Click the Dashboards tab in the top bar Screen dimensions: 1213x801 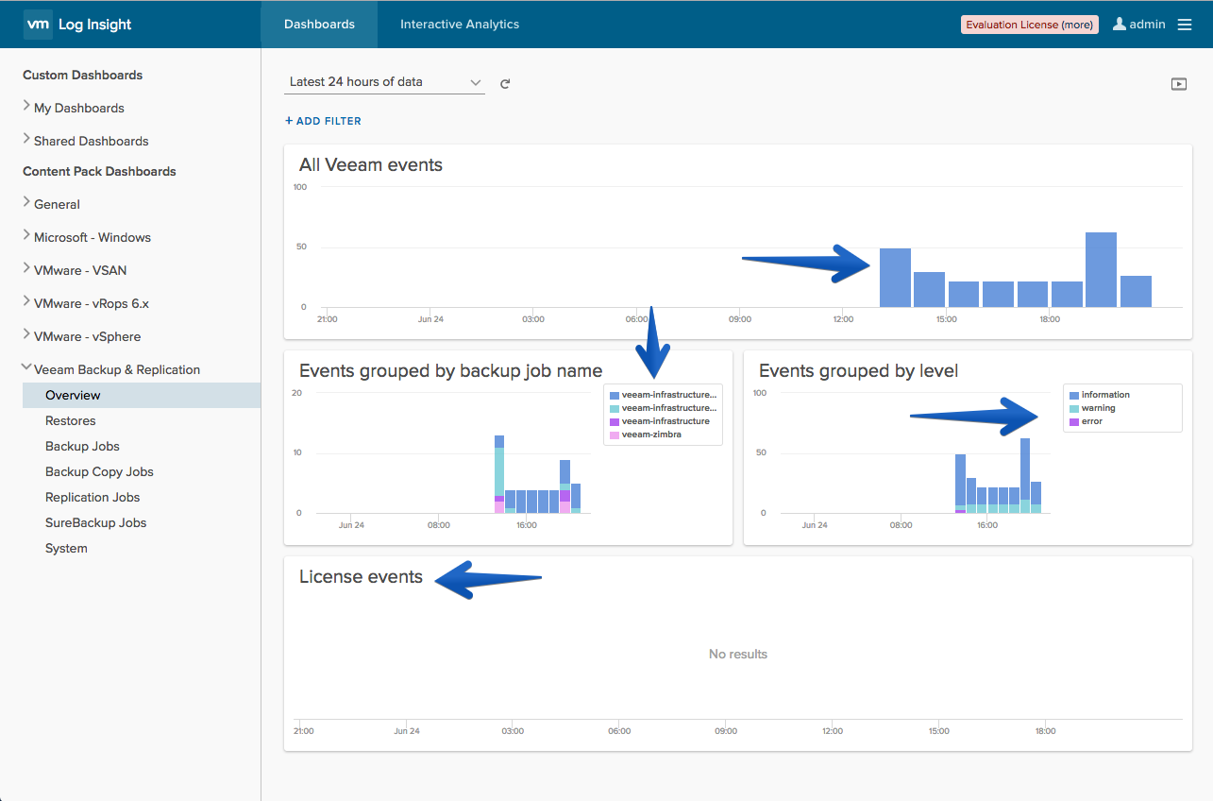(319, 25)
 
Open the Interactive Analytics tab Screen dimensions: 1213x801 (459, 25)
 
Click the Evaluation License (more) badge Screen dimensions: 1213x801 (1030, 25)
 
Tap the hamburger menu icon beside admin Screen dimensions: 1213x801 (1185, 25)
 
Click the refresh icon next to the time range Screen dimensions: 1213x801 (505, 83)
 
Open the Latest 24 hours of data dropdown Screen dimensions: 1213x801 (384, 82)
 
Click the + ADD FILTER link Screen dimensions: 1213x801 (323, 121)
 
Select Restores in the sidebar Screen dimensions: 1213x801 (71, 420)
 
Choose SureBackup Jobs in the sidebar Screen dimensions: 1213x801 (96, 522)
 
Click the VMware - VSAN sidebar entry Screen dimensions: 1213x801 (80, 270)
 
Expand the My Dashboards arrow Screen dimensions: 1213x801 (26, 106)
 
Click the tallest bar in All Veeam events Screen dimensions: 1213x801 (1101, 270)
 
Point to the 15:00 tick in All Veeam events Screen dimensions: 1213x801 (946, 319)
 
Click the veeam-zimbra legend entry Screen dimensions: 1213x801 (651, 435)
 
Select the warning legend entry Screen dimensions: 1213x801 (1098, 407)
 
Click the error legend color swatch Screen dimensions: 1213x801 (1074, 421)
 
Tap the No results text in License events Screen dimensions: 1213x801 (737, 655)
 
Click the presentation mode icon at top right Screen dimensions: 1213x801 (1179, 84)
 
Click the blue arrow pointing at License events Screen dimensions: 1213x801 (488, 579)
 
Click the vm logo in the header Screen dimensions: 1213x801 (38, 25)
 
